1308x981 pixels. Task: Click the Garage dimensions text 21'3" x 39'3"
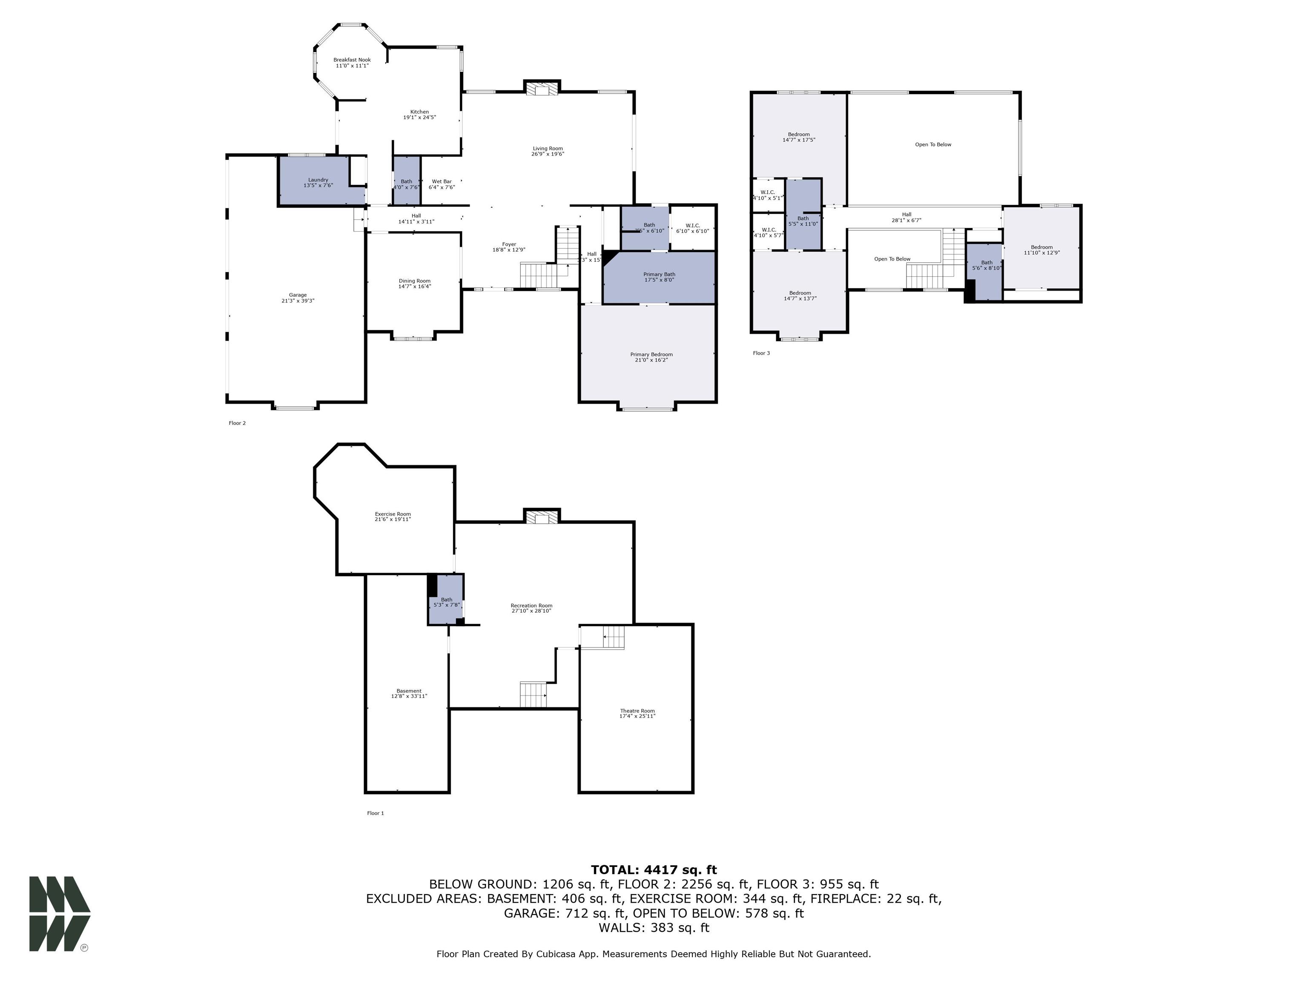(298, 301)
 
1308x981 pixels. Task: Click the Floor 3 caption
(761, 353)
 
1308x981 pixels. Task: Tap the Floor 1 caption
(376, 813)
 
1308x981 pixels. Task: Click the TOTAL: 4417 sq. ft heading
(654, 870)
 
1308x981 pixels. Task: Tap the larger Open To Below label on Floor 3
(933, 144)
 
